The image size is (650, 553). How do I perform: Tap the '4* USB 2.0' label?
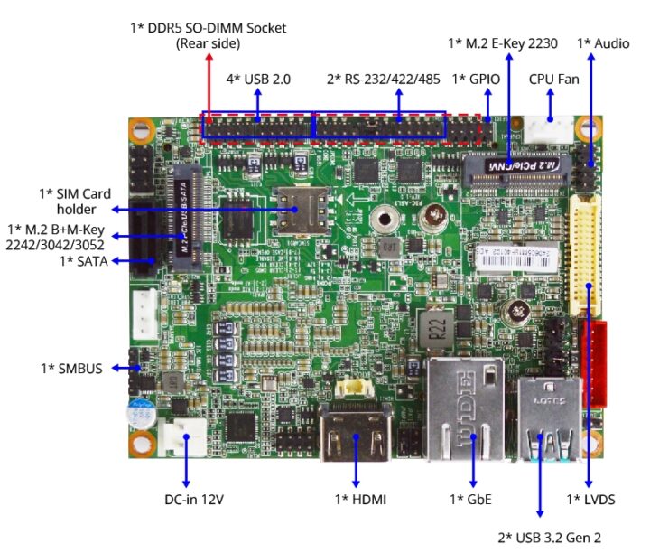point(257,80)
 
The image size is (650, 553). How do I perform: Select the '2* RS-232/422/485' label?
point(383,80)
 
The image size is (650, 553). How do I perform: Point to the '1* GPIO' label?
point(476,80)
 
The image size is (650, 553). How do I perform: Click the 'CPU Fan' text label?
point(553,80)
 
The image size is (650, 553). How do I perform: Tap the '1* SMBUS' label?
point(71,369)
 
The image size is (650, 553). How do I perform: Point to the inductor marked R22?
point(437,326)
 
